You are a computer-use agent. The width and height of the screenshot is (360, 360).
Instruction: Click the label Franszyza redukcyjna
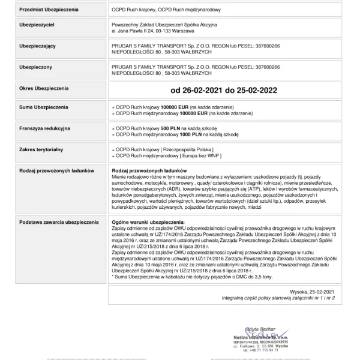pyautogui.click(x=45, y=128)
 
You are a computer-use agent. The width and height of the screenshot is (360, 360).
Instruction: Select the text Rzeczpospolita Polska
pyautogui.click(x=187, y=148)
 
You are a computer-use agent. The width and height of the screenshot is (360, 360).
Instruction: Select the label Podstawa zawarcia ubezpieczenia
pyautogui.click(x=59, y=222)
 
